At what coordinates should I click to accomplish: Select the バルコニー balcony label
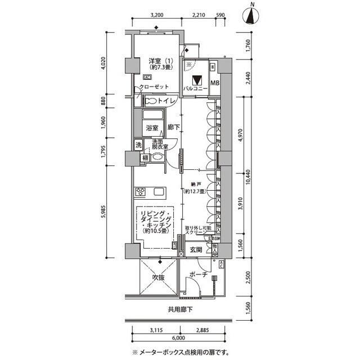click(x=196, y=89)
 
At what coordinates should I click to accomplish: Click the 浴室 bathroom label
click(x=152, y=128)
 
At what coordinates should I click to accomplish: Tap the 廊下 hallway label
click(x=174, y=128)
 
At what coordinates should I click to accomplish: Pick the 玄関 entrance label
click(x=196, y=249)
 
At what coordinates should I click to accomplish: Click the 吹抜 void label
click(x=158, y=278)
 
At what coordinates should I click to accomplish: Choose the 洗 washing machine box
click(x=138, y=145)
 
